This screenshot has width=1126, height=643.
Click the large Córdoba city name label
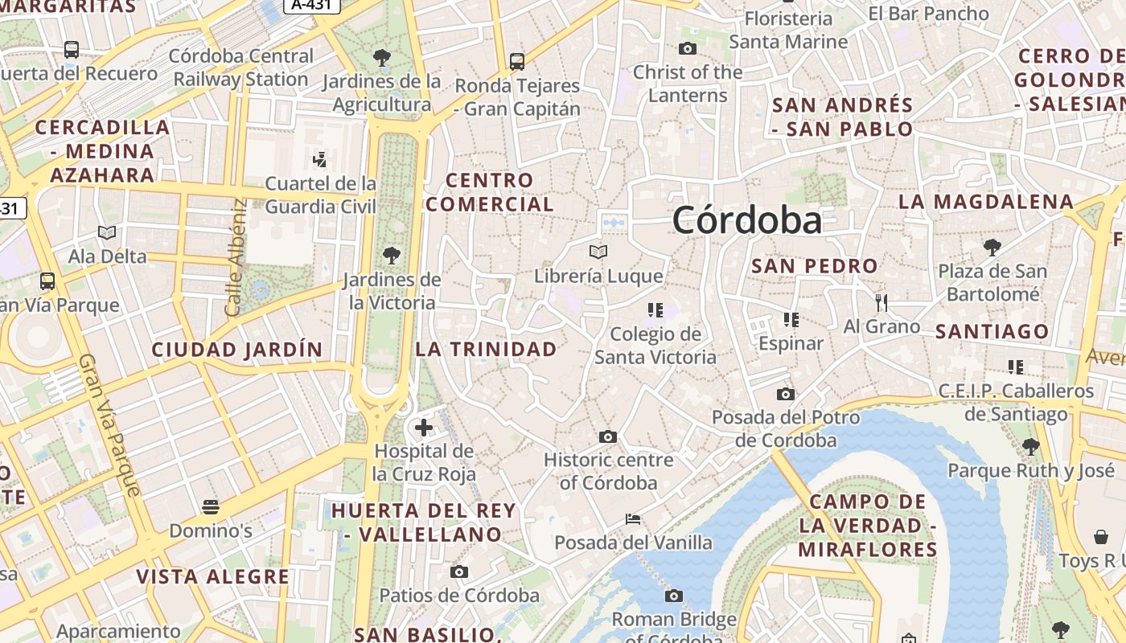pyautogui.click(x=747, y=220)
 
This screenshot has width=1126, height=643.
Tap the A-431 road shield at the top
pyautogui.click(x=312, y=5)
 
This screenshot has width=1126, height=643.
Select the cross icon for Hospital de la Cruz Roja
pyautogui.click(x=424, y=428)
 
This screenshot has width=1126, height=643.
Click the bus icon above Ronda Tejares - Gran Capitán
pyautogui.click(x=517, y=61)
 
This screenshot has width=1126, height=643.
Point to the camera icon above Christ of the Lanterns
pyautogui.click(x=687, y=49)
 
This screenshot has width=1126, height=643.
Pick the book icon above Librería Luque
pyautogui.click(x=598, y=252)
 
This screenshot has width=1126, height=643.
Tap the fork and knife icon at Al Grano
pyautogui.click(x=881, y=303)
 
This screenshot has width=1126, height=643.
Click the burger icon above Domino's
pyautogui.click(x=211, y=507)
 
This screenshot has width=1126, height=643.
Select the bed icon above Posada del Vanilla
pyautogui.click(x=633, y=519)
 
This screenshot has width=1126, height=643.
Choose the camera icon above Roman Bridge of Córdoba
pyautogui.click(x=674, y=596)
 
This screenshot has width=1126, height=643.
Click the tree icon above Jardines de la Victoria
pyautogui.click(x=392, y=256)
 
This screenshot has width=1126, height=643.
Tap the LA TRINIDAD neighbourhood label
pyautogui.click(x=486, y=349)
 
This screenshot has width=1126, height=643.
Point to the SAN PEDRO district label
pyautogui.click(x=814, y=266)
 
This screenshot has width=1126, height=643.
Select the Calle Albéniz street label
pyautogui.click(x=235, y=257)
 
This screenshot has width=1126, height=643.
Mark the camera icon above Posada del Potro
pyautogui.click(x=786, y=394)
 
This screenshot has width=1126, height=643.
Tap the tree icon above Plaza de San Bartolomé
pyautogui.click(x=992, y=247)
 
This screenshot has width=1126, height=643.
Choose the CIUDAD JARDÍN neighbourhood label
pyautogui.click(x=237, y=350)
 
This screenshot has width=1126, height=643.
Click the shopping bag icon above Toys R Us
pyautogui.click(x=1101, y=537)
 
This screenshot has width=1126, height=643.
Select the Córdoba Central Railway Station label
pyautogui.click(x=241, y=68)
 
